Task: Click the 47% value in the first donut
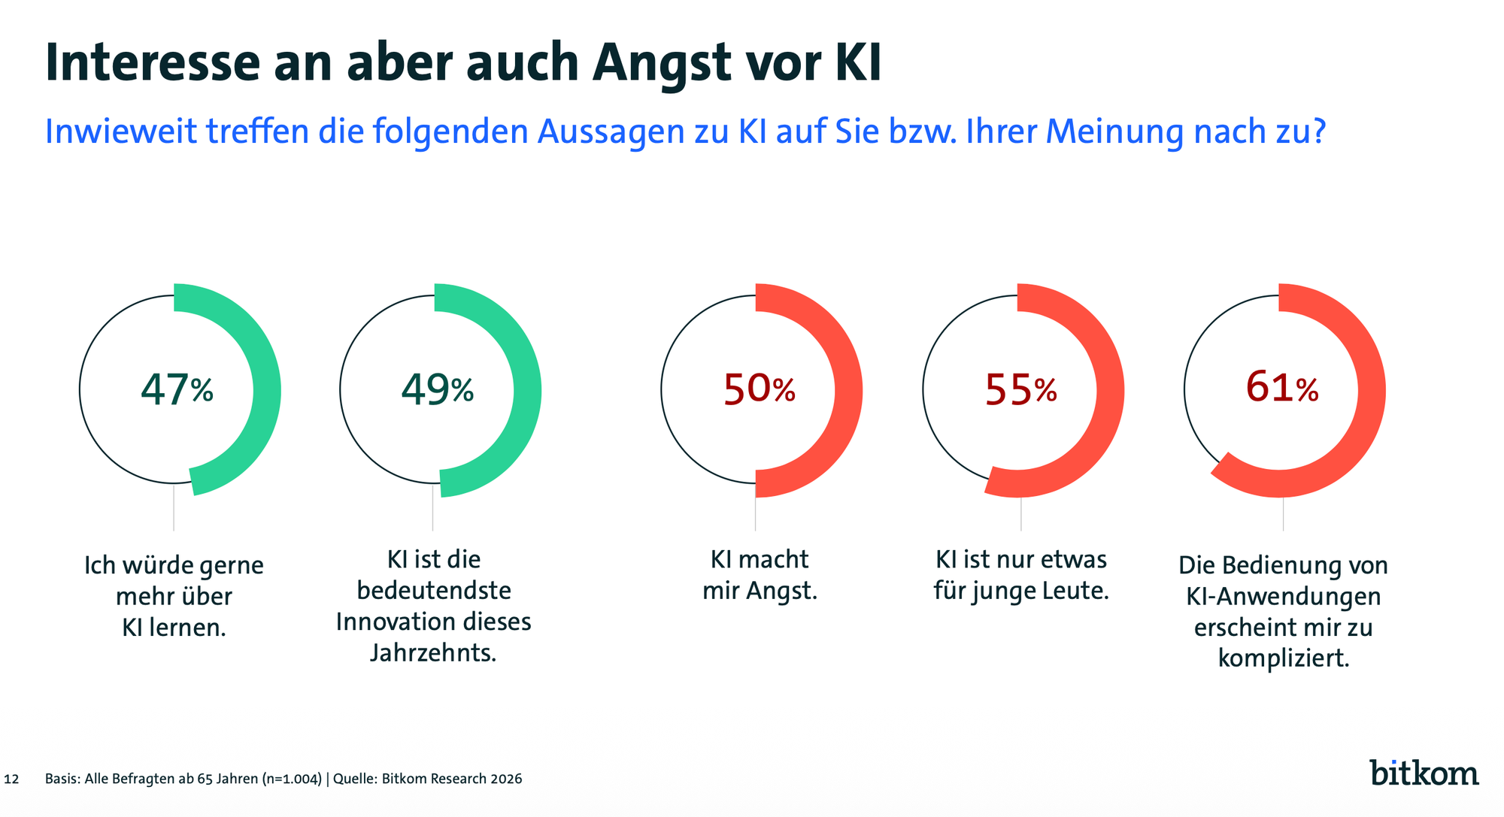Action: (177, 389)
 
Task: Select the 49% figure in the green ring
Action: (437, 389)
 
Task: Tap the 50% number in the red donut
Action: (759, 389)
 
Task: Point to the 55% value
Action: (1020, 389)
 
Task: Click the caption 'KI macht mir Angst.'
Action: (760, 575)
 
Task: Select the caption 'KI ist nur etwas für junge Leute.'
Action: (1021, 575)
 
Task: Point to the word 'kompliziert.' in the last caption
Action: (1283, 658)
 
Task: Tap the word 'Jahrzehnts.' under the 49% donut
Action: (433, 652)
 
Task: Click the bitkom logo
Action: (1424, 772)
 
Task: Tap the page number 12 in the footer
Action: (11, 779)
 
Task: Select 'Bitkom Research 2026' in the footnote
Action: (451, 779)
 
